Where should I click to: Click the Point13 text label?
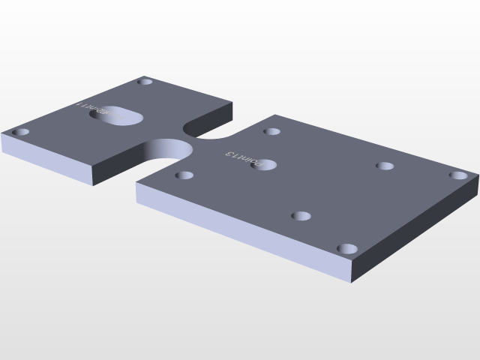(x=241, y=157)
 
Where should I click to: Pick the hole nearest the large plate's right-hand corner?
(x=458, y=175)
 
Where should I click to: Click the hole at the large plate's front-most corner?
(x=346, y=248)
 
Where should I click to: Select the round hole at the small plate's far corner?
(x=145, y=81)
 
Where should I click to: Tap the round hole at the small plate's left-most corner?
(x=21, y=133)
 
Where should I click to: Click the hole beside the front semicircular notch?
(x=184, y=176)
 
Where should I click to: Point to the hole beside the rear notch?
(x=271, y=132)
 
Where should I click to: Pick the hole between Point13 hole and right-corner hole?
(x=385, y=166)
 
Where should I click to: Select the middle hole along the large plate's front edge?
(x=301, y=217)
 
